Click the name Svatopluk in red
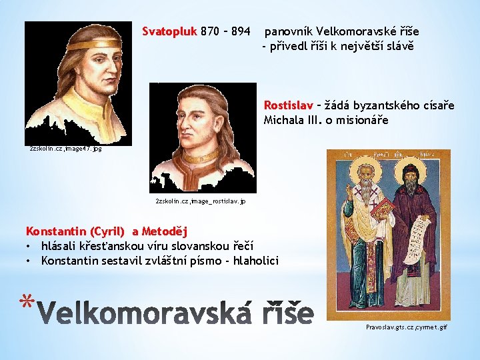[165, 31]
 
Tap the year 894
[239, 31]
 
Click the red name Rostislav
[288, 105]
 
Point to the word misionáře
[361, 121]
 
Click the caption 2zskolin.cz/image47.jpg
[57, 149]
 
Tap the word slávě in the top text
[401, 46]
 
